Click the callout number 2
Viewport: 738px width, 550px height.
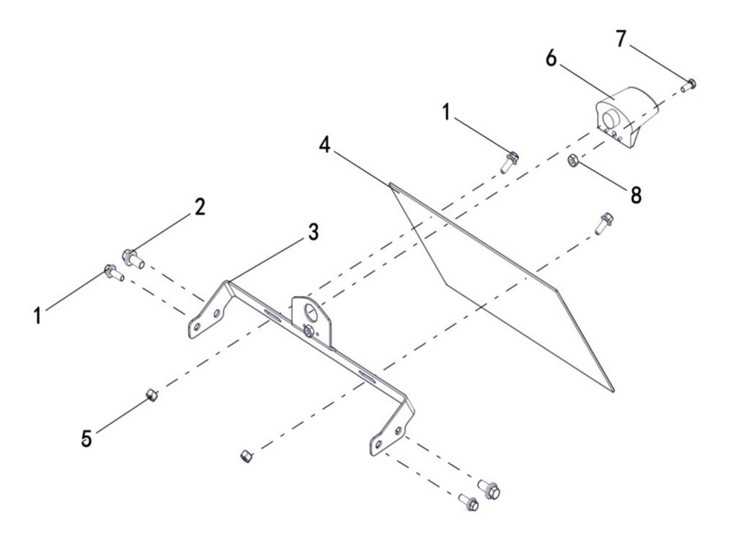pyautogui.click(x=199, y=207)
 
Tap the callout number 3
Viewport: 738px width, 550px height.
pyautogui.click(x=312, y=231)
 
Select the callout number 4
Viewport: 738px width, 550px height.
pyautogui.click(x=325, y=145)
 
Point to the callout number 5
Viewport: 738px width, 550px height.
pyautogui.click(x=87, y=438)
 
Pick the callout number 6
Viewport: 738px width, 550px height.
pyautogui.click(x=551, y=59)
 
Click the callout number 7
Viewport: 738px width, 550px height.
pyautogui.click(x=622, y=39)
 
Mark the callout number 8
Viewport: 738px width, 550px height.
pyautogui.click(x=636, y=194)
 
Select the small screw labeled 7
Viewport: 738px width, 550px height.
pyautogui.click(x=688, y=84)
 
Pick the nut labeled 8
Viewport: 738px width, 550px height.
pyautogui.click(x=571, y=161)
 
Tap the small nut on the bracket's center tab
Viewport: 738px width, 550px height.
pyautogui.click(x=308, y=332)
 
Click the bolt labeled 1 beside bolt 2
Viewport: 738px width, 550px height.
pyautogui.click(x=113, y=272)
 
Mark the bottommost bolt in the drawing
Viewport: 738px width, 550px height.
pyautogui.click(x=469, y=505)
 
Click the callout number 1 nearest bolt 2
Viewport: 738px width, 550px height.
pyautogui.click(x=37, y=315)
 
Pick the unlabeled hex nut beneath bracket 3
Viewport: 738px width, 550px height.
pyautogui.click(x=245, y=456)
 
